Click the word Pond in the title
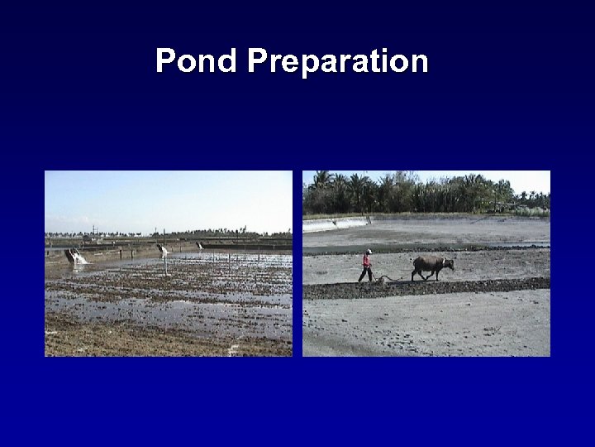pos(196,61)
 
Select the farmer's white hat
pos(369,251)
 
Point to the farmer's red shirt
pos(366,261)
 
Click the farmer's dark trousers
pos(365,274)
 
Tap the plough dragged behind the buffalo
pos(382,280)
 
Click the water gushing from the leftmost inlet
pos(79,259)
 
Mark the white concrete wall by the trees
pos(335,223)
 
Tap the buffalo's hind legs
pos(418,274)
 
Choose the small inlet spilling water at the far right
pos(199,246)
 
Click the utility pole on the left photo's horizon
pos(93,229)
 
